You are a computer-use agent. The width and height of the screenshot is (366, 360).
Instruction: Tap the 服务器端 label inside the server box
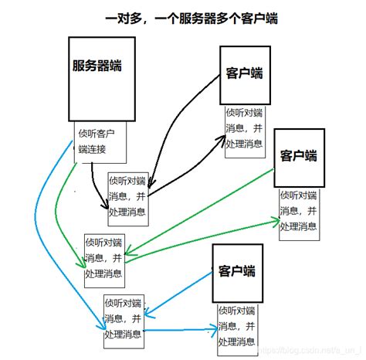click(x=100, y=66)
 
